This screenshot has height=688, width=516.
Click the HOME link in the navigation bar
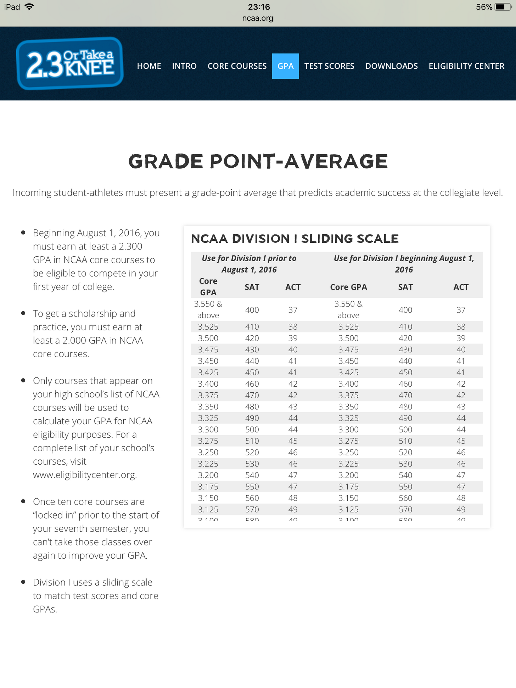coord(149,66)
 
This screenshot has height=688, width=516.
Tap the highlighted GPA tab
coord(285,66)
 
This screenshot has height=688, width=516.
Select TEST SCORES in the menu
coord(329,66)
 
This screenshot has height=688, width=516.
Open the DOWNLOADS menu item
coord(391,66)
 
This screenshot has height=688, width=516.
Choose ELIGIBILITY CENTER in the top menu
coord(466,66)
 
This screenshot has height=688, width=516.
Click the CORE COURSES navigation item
coord(237,66)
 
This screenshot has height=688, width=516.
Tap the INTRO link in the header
coord(184,66)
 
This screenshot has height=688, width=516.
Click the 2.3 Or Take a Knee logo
coord(70,63)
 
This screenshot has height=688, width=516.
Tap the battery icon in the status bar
coord(502,7)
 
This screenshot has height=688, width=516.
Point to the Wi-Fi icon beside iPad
coord(29,7)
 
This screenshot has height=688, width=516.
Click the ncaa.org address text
coord(258,18)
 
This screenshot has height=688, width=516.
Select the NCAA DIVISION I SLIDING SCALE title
coord(295,239)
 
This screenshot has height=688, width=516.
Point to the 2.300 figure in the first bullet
coord(130,246)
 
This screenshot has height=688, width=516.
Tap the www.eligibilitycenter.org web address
coord(85,475)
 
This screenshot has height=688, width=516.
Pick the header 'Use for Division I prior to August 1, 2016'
coord(249,264)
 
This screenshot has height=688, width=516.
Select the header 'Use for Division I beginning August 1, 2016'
coord(404,264)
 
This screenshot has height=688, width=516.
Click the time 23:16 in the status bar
coord(259,7)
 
